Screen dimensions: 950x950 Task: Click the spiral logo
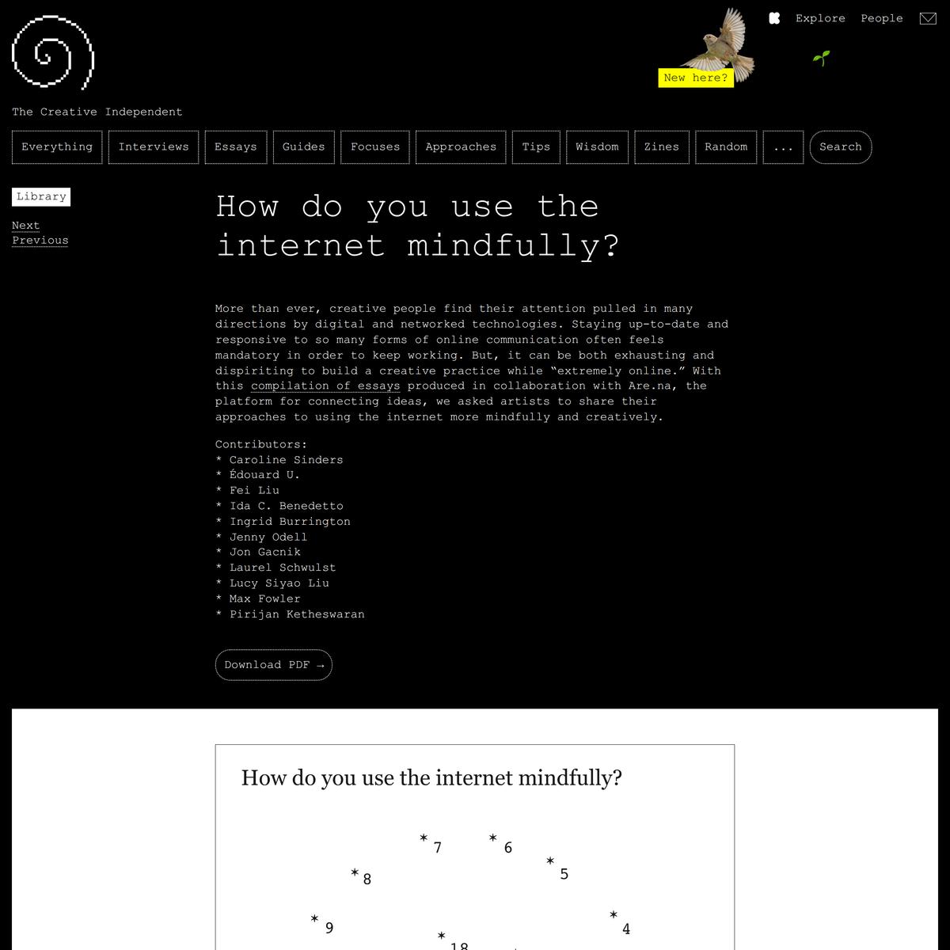(x=53, y=51)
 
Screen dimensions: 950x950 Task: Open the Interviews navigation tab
(x=154, y=147)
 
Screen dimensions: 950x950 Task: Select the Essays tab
(x=236, y=147)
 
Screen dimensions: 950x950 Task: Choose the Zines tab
(x=661, y=147)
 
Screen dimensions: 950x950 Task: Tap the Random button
(x=726, y=147)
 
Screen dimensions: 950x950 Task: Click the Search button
(x=840, y=147)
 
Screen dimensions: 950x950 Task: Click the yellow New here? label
(x=695, y=78)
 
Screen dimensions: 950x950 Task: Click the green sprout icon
(x=821, y=58)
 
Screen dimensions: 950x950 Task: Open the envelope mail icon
(x=928, y=18)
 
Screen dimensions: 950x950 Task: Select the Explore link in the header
(x=820, y=18)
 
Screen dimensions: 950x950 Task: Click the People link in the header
(x=882, y=18)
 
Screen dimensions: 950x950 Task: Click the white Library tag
(x=41, y=196)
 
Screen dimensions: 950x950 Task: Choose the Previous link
(x=40, y=241)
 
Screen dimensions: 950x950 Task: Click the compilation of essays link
(x=325, y=386)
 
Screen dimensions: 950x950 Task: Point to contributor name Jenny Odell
(x=268, y=537)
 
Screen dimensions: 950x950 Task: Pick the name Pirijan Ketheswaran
(x=297, y=614)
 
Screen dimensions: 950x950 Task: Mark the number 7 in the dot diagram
(x=438, y=849)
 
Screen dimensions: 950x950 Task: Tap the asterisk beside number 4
(x=614, y=915)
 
